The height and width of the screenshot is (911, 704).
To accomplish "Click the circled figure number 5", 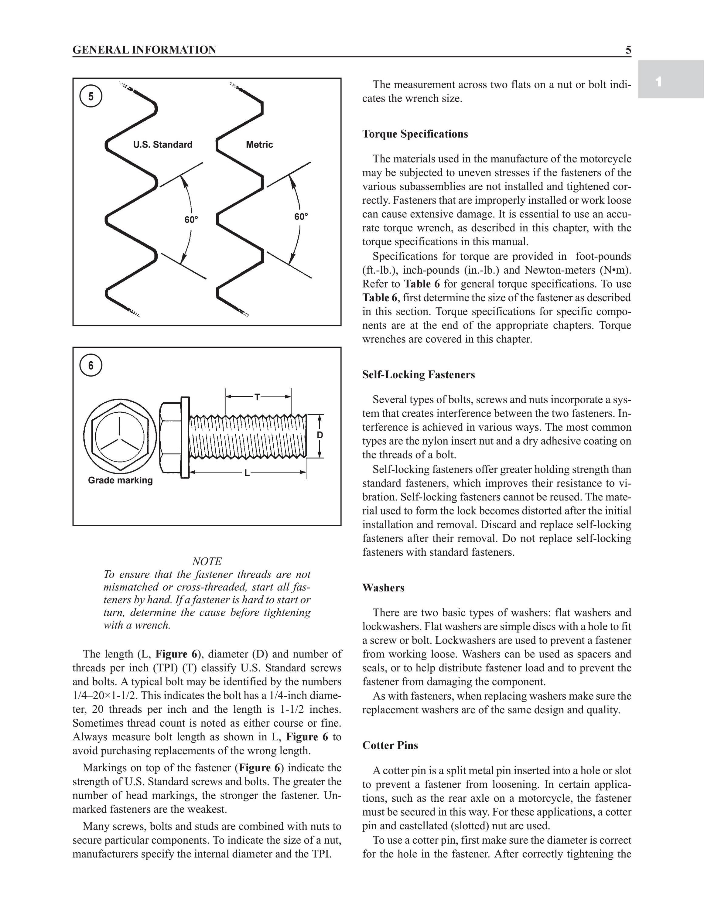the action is (91, 96).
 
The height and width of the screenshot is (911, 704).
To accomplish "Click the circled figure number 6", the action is (91, 365).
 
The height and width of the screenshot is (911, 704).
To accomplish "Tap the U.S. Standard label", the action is (163, 145).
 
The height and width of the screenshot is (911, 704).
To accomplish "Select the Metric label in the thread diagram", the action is (259, 145).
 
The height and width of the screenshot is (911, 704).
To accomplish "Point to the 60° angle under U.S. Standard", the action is (191, 220).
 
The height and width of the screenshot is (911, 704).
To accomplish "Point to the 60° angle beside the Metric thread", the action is (301, 217).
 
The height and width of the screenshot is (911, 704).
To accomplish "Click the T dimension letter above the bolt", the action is (257, 397).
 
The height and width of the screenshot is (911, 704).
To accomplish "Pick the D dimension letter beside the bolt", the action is (320, 435).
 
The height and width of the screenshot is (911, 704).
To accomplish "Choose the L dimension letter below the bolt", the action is (247, 473).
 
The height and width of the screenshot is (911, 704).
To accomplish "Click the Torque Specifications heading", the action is (415, 134).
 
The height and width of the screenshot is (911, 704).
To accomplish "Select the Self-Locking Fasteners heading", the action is (418, 375).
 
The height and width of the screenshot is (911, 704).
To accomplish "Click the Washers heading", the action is (383, 588).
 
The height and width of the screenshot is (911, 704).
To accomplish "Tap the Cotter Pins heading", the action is (390, 746).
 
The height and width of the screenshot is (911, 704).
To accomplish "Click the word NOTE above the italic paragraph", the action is (207, 561).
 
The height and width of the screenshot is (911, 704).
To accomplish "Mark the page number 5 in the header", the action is (628, 50).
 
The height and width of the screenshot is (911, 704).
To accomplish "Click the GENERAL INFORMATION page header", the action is (144, 50).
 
